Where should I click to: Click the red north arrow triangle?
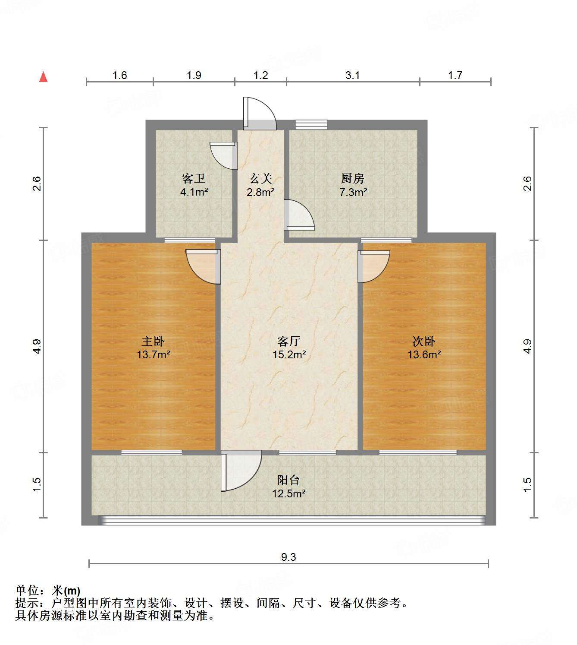tap(43, 77)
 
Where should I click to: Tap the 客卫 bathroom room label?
tap(194, 178)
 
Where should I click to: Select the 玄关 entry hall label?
tap(261, 178)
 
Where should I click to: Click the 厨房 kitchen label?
tap(353, 178)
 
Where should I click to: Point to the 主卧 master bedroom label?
tap(153, 341)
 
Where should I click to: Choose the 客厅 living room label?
tap(288, 341)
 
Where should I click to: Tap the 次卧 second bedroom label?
tap(424, 341)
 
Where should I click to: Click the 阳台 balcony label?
tap(288, 480)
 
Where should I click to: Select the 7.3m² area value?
tap(353, 193)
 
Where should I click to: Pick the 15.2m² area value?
tap(288, 355)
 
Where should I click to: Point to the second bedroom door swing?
tap(373, 266)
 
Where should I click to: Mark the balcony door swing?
tap(240, 471)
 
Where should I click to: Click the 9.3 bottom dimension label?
tap(288, 557)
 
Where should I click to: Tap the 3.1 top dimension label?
tap(352, 76)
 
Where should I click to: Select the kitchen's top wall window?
tap(311, 124)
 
